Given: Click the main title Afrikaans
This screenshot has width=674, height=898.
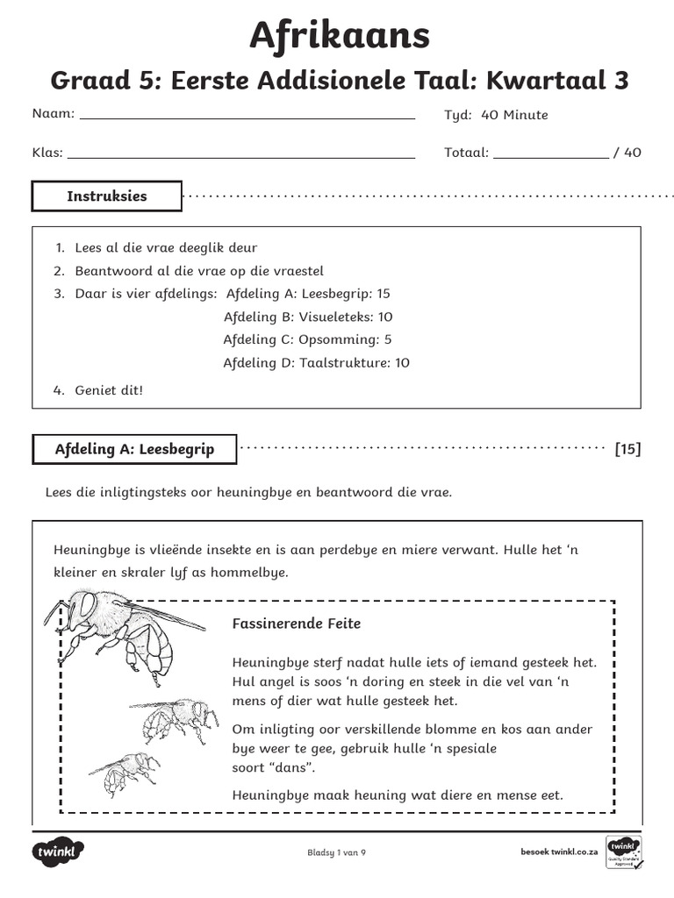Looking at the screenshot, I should click(340, 35).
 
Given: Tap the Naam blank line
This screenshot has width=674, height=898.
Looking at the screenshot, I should click(247, 117).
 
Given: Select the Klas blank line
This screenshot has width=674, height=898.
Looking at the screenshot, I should click(240, 157).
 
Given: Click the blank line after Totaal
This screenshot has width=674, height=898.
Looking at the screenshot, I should click(550, 157).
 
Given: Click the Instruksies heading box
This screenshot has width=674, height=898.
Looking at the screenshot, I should click(107, 196).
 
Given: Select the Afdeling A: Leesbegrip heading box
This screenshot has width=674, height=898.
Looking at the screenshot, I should click(134, 450).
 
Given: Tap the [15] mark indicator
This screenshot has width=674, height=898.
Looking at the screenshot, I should click(627, 450).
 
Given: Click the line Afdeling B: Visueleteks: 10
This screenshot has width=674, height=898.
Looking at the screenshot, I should click(308, 317).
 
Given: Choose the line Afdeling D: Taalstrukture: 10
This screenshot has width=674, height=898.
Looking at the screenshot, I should click(316, 362).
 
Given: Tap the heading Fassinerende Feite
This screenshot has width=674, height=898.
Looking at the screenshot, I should click(296, 624).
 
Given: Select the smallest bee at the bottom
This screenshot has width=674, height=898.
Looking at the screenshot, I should click(125, 772).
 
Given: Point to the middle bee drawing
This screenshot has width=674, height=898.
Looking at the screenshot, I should click(175, 716).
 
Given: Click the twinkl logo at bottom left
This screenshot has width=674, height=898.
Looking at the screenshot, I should click(59, 852).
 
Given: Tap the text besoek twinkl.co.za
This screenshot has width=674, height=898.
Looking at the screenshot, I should click(559, 852).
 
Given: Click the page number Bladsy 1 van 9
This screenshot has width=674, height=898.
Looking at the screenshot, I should click(336, 852).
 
